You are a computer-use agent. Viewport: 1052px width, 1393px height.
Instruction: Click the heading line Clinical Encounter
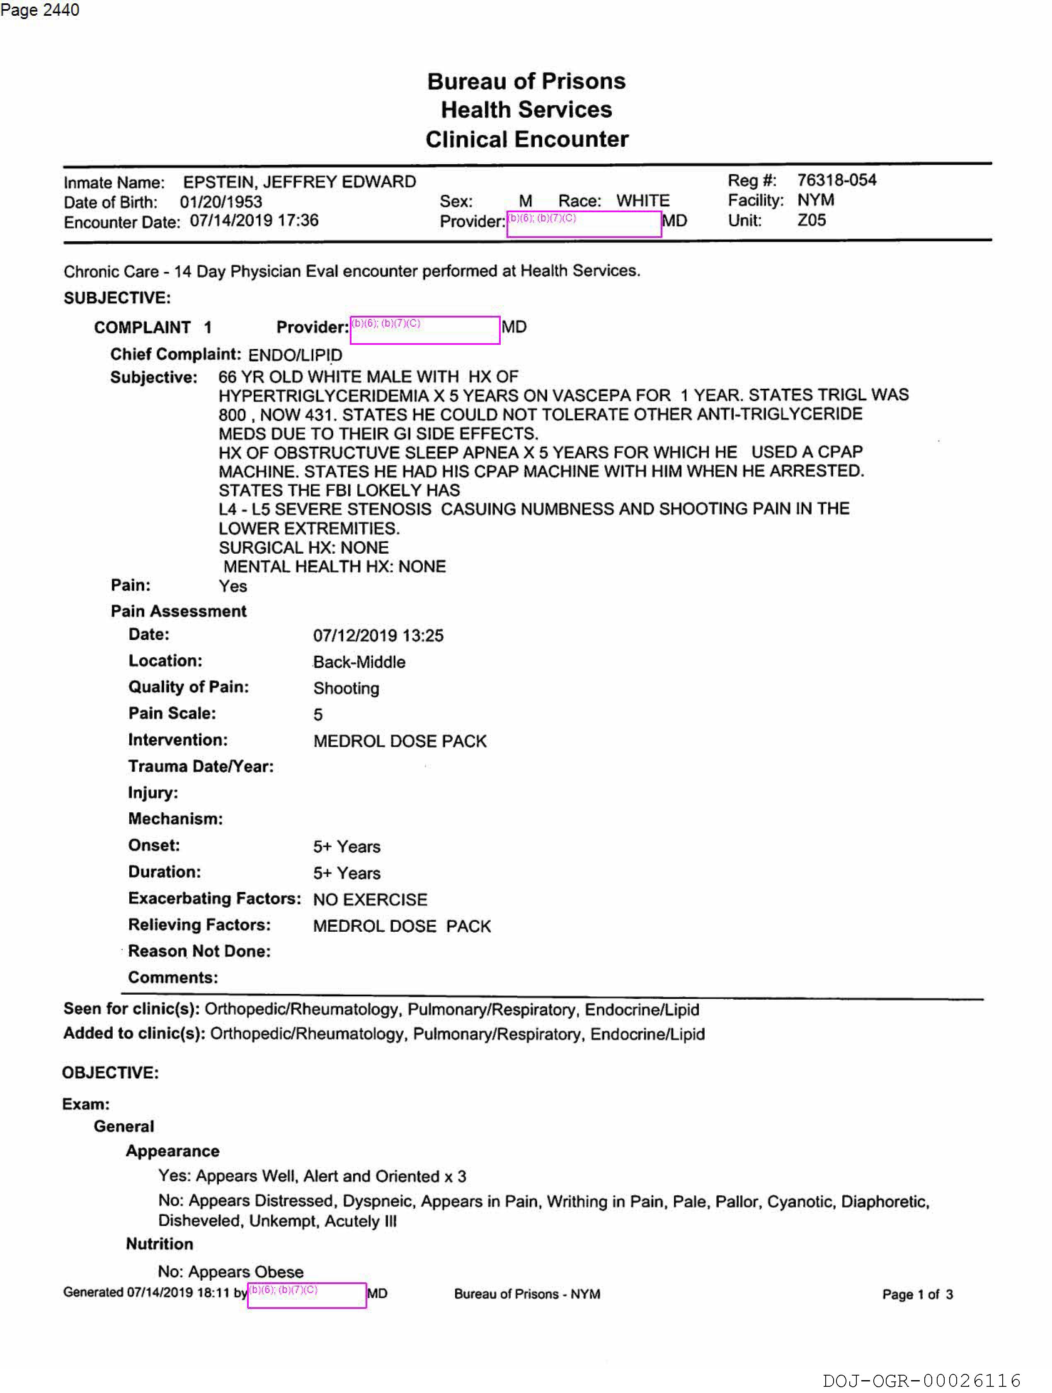(x=527, y=139)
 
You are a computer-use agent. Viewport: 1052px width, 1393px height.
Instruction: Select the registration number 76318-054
(x=836, y=180)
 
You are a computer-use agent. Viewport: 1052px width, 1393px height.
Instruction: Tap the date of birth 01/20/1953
(x=221, y=202)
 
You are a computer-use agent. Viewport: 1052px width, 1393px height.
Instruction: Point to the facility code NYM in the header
(x=815, y=200)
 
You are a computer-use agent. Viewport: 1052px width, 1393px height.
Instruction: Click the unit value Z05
(x=811, y=220)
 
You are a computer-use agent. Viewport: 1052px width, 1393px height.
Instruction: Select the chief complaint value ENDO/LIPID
(x=295, y=355)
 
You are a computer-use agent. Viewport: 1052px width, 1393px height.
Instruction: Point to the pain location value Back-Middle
(x=359, y=662)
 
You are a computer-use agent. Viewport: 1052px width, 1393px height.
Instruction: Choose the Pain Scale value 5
(x=318, y=715)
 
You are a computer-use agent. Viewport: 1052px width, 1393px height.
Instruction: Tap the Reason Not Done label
(x=199, y=952)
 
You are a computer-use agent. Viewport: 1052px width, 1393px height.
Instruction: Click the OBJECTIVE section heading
(x=110, y=1073)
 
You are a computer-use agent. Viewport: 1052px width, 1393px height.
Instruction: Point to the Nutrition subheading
(x=159, y=1244)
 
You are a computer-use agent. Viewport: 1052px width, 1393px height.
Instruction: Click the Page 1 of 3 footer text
(x=917, y=1295)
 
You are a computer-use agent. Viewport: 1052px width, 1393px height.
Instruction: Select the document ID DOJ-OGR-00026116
(x=921, y=1381)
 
